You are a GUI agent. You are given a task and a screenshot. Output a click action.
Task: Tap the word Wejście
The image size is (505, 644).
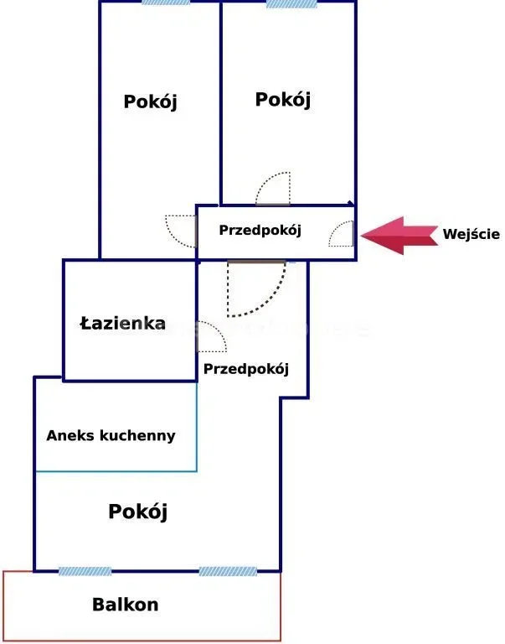coord(472,235)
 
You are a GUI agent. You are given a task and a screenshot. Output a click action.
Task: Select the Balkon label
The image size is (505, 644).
coord(126,604)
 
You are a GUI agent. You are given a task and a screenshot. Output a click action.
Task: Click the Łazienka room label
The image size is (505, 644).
coord(122,324)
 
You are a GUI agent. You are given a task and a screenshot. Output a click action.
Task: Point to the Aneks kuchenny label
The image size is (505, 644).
coord(111,435)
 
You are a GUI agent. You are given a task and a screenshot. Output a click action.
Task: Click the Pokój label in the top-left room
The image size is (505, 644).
coord(151,102)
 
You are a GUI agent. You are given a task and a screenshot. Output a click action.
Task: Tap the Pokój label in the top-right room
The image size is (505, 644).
coord(282,100)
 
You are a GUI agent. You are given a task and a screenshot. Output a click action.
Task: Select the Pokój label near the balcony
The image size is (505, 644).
coord(138,511)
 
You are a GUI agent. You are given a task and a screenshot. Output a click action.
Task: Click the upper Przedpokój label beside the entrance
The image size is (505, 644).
coord(260,230)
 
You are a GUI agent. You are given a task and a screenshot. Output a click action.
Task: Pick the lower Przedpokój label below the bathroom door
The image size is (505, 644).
coord(245,368)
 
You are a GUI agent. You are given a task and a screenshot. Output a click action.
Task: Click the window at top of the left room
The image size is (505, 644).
coord(166,3)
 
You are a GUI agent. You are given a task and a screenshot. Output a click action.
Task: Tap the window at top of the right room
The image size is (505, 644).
coord(291,3)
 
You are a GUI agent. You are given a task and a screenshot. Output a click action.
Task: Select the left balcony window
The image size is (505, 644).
coord(85,572)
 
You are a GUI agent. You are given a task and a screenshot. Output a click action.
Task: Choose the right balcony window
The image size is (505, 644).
coord(227,572)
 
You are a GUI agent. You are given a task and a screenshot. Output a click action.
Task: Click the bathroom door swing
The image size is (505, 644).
coord(210,337)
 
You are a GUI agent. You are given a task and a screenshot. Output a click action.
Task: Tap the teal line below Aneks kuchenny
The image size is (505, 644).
coord(116,471)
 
